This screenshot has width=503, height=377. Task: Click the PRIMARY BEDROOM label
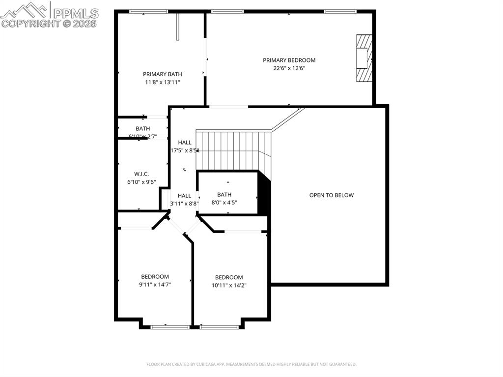[289, 60]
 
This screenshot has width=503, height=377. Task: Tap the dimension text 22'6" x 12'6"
[289, 69]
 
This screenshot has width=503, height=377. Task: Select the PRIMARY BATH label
[162, 74]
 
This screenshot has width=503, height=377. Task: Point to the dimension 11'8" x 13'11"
[162, 83]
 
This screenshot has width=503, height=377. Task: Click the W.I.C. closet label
[141, 174]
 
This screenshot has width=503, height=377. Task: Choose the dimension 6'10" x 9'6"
[141, 182]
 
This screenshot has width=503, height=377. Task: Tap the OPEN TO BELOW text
[331, 195]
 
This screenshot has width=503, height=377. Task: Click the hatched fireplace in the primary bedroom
[364, 58]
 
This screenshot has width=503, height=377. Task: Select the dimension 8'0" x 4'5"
[224, 203]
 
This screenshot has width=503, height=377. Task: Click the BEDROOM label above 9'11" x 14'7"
[155, 277]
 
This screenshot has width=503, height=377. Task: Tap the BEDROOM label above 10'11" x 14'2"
[228, 277]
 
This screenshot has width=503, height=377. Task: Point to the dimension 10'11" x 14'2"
[228, 285]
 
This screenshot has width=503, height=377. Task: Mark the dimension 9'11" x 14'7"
[155, 285]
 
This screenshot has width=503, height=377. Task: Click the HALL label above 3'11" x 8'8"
[184, 196]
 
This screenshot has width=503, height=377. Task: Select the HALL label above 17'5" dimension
[185, 143]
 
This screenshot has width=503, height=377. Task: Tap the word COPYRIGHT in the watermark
[30, 23]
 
